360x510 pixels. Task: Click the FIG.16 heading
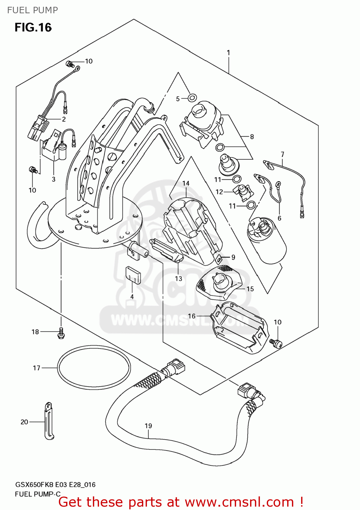coord(33,27)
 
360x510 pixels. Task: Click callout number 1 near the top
coord(228,53)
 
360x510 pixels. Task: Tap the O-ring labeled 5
coord(192,98)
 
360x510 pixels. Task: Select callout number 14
coord(186,183)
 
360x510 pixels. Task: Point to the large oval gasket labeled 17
coord(94,368)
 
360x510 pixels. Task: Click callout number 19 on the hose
coord(148,426)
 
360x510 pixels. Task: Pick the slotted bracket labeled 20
coord(49,421)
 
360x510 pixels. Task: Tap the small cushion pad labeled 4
coord(133,275)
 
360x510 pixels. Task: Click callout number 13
coord(179,278)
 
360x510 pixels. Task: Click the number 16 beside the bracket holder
coord(192,316)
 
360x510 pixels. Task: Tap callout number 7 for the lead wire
coord(282,154)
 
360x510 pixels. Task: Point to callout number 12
coord(219,192)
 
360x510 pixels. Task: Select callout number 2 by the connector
coord(64,119)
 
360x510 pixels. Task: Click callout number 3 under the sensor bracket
coord(53,179)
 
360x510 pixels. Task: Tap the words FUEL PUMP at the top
coord(32,10)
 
